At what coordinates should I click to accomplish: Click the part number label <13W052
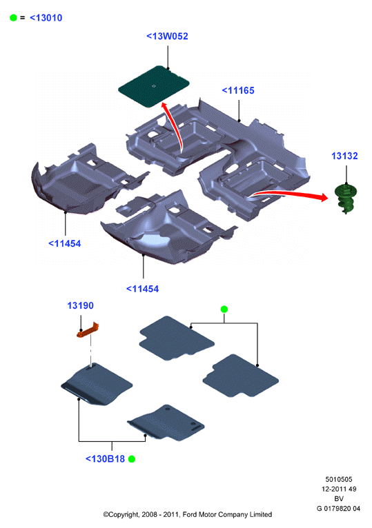click(167, 37)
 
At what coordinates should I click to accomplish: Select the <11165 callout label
click(238, 90)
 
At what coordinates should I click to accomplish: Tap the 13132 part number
click(344, 156)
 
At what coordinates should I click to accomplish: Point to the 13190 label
click(80, 305)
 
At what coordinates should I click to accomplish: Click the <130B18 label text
click(105, 459)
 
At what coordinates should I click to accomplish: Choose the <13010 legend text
click(46, 18)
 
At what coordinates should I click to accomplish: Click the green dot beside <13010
click(14, 18)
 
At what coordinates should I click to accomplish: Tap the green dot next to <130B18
click(132, 459)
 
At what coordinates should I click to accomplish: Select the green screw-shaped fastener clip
click(346, 199)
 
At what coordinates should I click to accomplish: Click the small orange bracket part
click(88, 331)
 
